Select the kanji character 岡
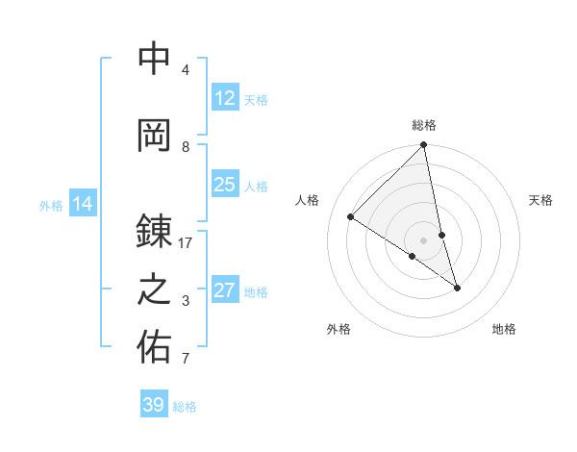click(x=154, y=135)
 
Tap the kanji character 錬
click(x=154, y=231)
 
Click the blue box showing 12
click(x=225, y=98)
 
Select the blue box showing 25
click(x=225, y=185)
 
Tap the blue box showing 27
click(x=225, y=290)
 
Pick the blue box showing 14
click(x=83, y=204)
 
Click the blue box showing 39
click(x=154, y=405)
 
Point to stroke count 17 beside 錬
click(x=186, y=243)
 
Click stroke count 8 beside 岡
click(x=186, y=147)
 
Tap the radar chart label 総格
click(x=424, y=125)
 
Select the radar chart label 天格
click(x=541, y=200)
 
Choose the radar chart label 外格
click(x=339, y=329)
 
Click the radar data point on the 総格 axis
click(x=424, y=145)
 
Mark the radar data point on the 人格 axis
click(x=351, y=217)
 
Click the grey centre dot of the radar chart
click(x=424, y=239)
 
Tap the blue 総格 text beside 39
click(x=185, y=406)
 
